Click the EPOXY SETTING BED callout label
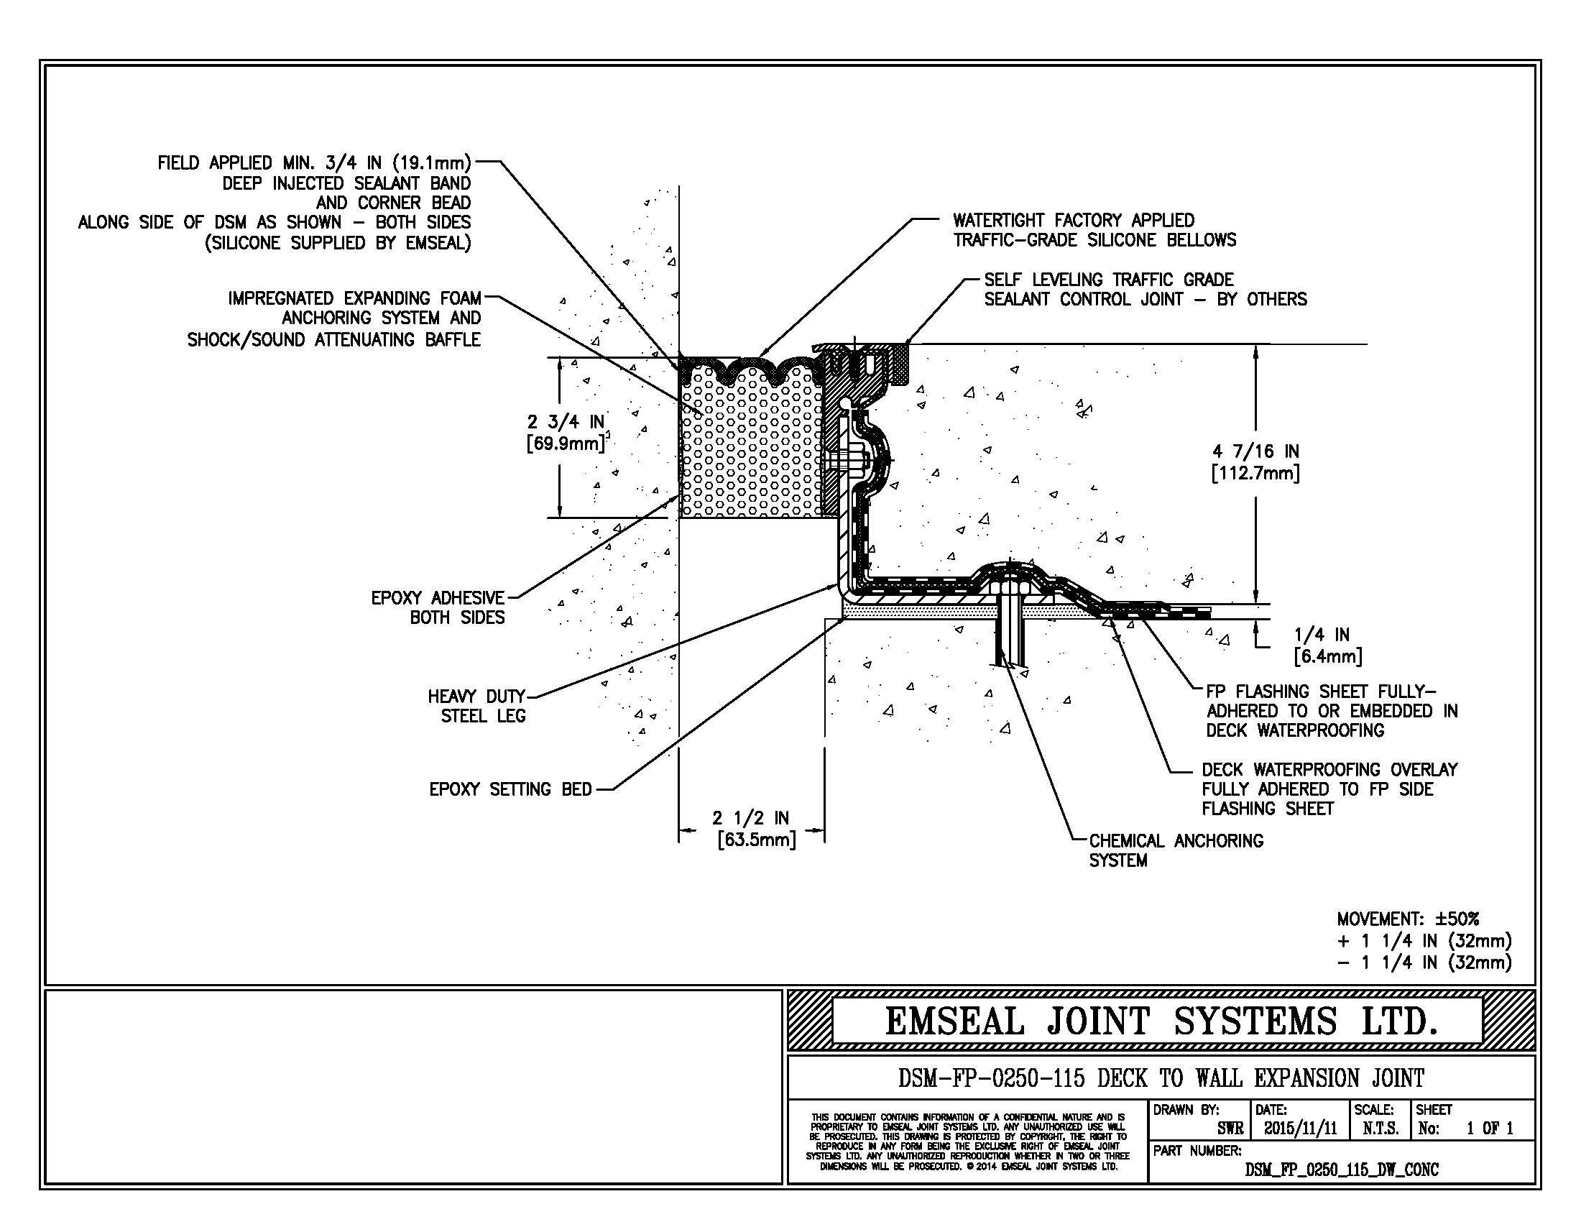pos(510,789)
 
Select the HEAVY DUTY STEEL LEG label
pos(477,706)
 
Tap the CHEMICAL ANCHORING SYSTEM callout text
pos(1176,850)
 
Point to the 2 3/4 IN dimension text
pos(566,421)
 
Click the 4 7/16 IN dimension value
pos(1256,451)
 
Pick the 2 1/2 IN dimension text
pos(751,818)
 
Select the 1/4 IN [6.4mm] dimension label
pos(1328,646)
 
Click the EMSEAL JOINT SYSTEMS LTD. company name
pos(1161,1021)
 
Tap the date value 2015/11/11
pos(1300,1129)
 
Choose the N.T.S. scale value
pos(1381,1129)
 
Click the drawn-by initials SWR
pos(1230,1129)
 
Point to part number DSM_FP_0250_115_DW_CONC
pos(1342,1170)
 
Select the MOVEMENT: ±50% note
pos(1408,919)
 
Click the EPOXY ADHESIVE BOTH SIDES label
pos(438,607)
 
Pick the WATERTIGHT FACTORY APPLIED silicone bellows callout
pos(1094,230)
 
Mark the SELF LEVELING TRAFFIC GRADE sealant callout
pos(1146,290)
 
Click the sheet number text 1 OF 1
pos(1490,1129)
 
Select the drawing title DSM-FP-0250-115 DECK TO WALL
pos(1161,1079)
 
